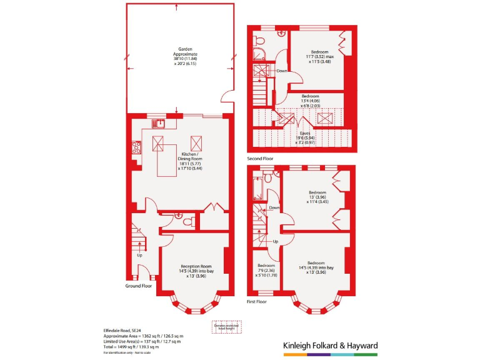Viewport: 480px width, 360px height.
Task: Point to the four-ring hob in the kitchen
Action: coord(136,148)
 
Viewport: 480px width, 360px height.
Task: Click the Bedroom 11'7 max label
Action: coord(317,57)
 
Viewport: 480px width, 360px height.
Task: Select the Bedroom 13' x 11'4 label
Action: coord(316,197)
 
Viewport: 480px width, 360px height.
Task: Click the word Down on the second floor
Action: coord(282,71)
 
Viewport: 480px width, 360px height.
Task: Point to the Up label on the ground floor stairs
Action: coord(139,255)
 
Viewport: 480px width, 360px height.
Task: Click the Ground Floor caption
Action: coord(139,286)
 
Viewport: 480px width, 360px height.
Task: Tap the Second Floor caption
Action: coord(260,159)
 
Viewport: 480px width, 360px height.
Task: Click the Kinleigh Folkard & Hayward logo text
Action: coord(326,345)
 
